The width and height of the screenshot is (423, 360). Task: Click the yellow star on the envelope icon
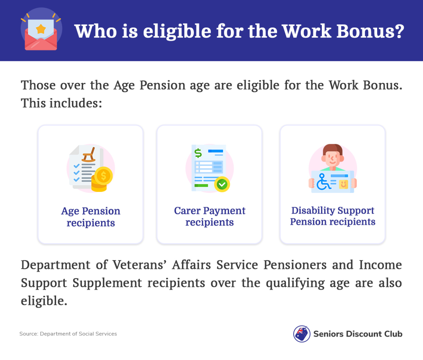(x=41, y=29)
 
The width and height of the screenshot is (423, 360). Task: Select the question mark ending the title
(x=399, y=31)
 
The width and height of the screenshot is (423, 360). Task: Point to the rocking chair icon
(x=88, y=154)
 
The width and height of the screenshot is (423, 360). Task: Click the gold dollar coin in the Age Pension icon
(x=103, y=176)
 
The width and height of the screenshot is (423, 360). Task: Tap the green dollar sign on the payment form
(x=198, y=153)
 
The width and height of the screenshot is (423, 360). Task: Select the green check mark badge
(x=222, y=184)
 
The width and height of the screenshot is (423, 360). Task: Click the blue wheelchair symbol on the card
(x=323, y=182)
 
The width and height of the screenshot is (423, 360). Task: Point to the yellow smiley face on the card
(x=343, y=184)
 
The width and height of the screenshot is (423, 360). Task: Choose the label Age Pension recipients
(x=91, y=217)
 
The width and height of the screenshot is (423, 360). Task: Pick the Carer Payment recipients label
(x=209, y=216)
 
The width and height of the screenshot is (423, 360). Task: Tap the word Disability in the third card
(x=313, y=210)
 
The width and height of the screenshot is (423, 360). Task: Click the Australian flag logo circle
(x=302, y=334)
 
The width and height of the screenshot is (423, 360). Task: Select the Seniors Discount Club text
(x=358, y=334)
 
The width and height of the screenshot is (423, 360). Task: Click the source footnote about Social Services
(x=68, y=334)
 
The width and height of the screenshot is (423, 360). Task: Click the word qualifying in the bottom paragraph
(x=295, y=283)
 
